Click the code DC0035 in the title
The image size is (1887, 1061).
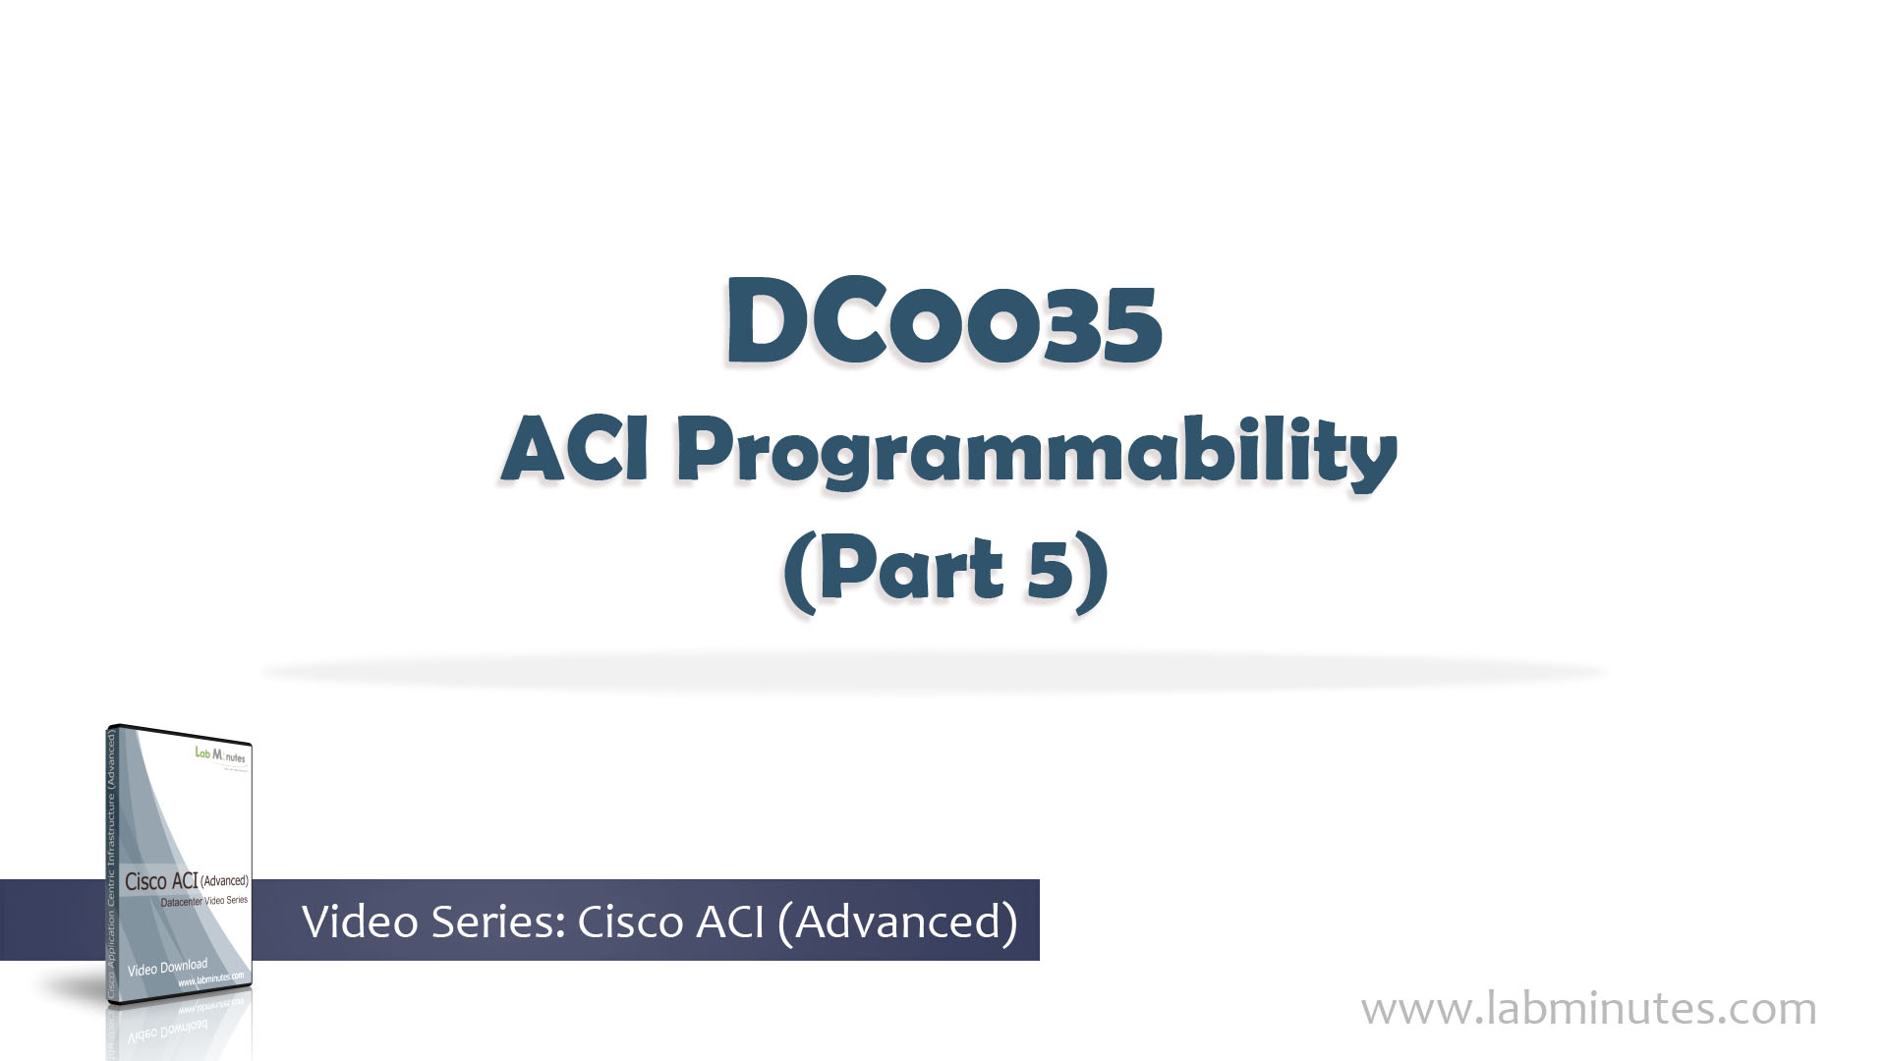943,322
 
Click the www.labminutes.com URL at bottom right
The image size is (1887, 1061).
1588,1009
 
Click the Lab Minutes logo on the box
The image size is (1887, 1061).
220,755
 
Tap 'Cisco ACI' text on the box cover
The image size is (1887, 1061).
160,881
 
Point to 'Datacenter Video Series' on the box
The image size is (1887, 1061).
203,901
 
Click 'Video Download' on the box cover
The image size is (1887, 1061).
167,968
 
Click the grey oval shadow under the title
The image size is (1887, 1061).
934,673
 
